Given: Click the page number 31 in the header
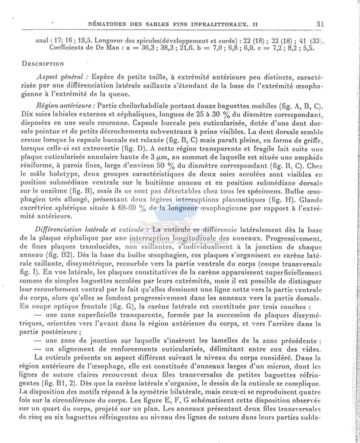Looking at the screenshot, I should pyautogui.click(x=320, y=24).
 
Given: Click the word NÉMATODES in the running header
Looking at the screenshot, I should pyautogui.click(x=105, y=24).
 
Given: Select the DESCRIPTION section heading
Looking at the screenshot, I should pyautogui.click(x=43, y=64).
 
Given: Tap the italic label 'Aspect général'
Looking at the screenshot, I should pyautogui.click(x=62, y=77).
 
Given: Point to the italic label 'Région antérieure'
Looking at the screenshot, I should pyautogui.click(x=66, y=106).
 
